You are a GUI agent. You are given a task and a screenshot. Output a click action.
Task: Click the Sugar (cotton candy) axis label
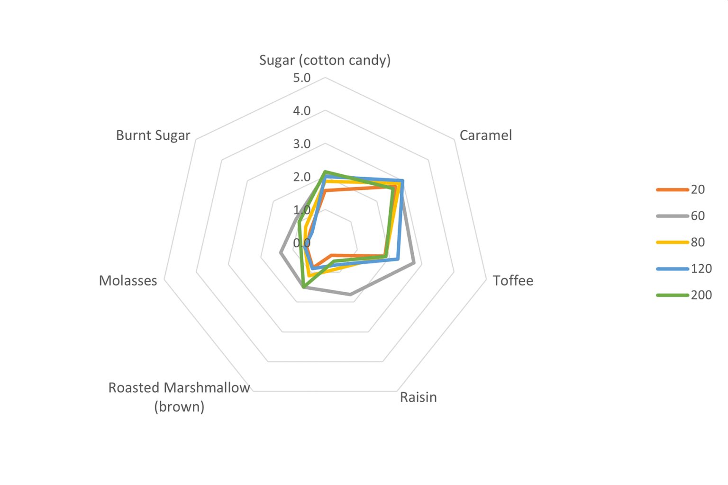pyautogui.click(x=325, y=60)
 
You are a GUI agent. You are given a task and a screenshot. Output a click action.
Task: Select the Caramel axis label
pyautogui.click(x=485, y=135)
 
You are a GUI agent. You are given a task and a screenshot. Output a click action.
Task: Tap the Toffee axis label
pyautogui.click(x=513, y=280)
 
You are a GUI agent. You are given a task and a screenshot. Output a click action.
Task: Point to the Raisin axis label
pyautogui.click(x=418, y=397)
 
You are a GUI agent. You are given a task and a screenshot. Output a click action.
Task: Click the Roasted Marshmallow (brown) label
pyautogui.click(x=179, y=397)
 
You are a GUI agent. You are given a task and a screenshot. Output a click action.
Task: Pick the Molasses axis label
pyautogui.click(x=128, y=280)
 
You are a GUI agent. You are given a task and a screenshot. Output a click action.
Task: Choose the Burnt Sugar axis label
pyautogui.click(x=153, y=135)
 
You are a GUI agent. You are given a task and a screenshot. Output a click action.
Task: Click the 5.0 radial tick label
pyautogui.click(x=301, y=78)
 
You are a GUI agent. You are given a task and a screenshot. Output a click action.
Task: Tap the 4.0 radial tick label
pyautogui.click(x=301, y=111)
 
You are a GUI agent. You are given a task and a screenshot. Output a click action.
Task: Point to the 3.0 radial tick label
pyautogui.click(x=301, y=144)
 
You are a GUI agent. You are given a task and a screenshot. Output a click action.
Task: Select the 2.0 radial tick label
pyautogui.click(x=301, y=177)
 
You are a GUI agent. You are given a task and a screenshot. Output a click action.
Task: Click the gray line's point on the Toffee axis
pyautogui.click(x=414, y=262)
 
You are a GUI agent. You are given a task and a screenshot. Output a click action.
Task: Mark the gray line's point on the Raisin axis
pyautogui.click(x=350, y=295)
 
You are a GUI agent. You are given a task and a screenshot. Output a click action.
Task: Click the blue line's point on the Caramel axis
pyautogui.click(x=402, y=181)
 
